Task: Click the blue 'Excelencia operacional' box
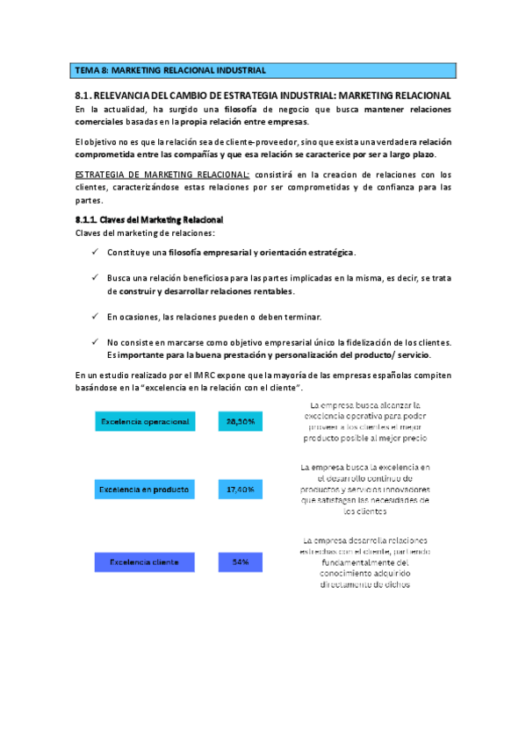tap(145, 422)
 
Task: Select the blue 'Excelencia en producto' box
tap(145, 489)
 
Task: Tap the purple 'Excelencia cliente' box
tap(145, 562)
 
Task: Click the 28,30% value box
tap(241, 422)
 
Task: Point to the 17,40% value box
tap(241, 489)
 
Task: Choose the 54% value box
tap(241, 562)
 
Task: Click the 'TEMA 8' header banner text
tap(170, 70)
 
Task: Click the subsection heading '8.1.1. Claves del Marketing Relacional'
tap(149, 218)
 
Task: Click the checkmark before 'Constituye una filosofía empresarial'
tap(95, 253)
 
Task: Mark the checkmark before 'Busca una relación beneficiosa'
tap(95, 277)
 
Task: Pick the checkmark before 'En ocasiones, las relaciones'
tap(95, 316)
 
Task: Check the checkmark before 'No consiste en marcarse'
tap(95, 341)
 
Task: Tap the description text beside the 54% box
tap(364, 562)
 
